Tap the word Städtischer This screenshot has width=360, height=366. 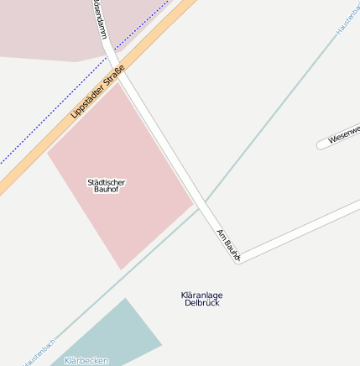pos(107,181)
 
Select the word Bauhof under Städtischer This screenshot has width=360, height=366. pos(107,190)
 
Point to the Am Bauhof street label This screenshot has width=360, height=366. pos(228,244)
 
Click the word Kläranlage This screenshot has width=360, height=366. pos(201,295)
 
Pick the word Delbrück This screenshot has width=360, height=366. pos(201,302)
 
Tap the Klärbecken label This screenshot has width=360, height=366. pos(86,360)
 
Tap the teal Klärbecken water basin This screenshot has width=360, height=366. pos(117,336)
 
